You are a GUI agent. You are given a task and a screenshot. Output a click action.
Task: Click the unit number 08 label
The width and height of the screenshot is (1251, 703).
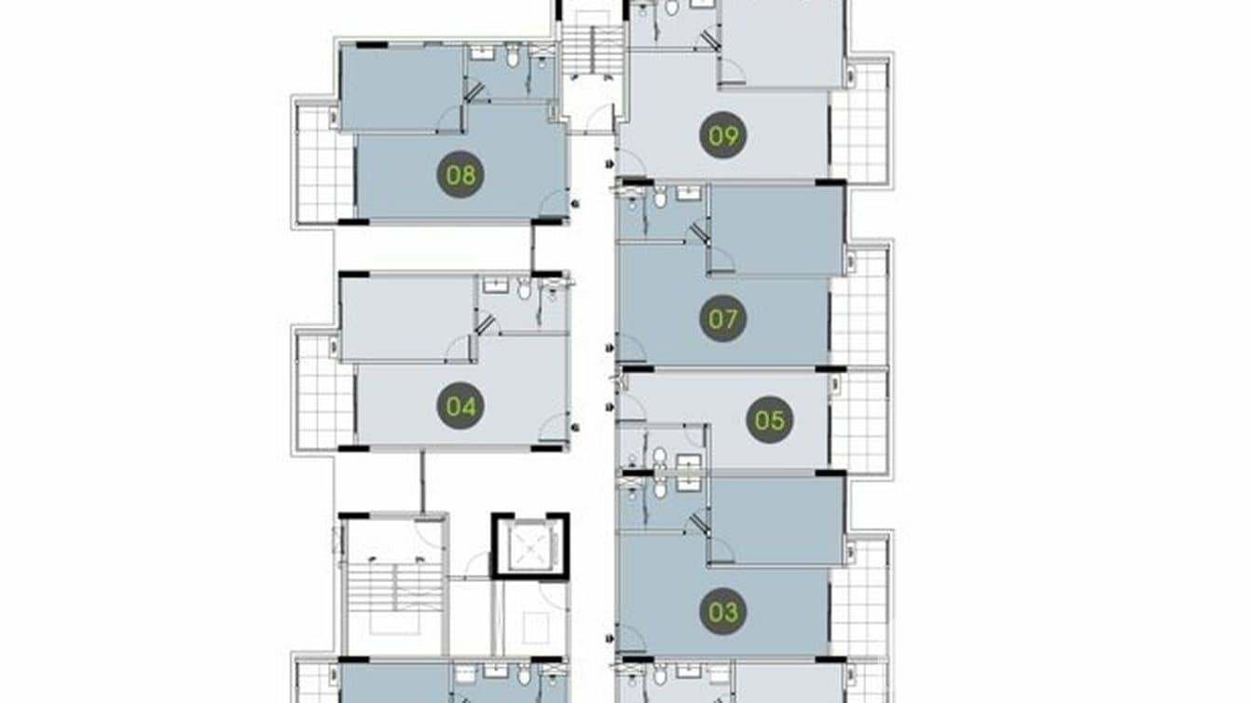pyautogui.click(x=461, y=174)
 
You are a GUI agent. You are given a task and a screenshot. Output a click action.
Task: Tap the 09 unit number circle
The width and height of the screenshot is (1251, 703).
pyautogui.click(x=722, y=137)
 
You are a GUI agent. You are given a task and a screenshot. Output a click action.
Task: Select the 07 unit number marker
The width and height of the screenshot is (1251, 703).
pyautogui.click(x=722, y=319)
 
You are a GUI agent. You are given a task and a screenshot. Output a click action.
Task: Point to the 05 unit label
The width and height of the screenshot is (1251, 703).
pyautogui.click(x=769, y=420)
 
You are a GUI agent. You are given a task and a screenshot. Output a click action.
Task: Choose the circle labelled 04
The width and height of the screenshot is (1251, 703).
pyautogui.click(x=461, y=406)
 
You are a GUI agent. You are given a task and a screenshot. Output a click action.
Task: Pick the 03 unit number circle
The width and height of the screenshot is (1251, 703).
pyautogui.click(x=722, y=612)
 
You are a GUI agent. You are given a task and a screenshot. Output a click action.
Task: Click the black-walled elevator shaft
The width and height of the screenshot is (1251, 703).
pyautogui.click(x=529, y=545)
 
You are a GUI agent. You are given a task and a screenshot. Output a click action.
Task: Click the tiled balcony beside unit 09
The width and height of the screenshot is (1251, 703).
pyautogui.click(x=859, y=121)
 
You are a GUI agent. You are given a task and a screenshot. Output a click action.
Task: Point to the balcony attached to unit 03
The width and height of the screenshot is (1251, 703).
pyautogui.click(x=859, y=597)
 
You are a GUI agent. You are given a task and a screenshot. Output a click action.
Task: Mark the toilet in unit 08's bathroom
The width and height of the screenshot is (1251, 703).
pyautogui.click(x=512, y=57)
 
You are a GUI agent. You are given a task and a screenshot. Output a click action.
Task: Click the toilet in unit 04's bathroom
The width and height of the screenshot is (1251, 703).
pyautogui.click(x=524, y=290)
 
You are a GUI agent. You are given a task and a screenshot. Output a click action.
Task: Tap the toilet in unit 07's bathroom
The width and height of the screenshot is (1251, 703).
pyautogui.click(x=660, y=198)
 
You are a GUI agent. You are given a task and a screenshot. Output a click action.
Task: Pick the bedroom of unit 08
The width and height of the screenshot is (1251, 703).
pyautogui.click(x=402, y=87)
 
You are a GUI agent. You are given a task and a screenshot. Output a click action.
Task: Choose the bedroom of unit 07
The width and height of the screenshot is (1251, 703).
pyautogui.click(x=777, y=229)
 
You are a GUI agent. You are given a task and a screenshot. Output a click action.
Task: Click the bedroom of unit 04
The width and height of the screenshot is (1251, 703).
pyautogui.click(x=407, y=317)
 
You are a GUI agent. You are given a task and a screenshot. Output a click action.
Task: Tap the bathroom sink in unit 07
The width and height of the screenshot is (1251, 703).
pyautogui.click(x=688, y=194)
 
